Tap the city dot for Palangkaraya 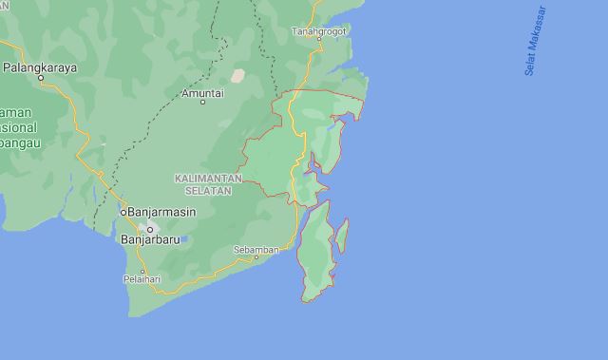[x=42, y=80]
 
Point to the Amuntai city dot [x=202, y=103]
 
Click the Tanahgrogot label [x=319, y=31]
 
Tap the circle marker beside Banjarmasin [x=123, y=212]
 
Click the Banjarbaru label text [x=156, y=239]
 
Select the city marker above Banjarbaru [x=148, y=228]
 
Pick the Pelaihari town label [x=142, y=279]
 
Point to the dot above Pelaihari [x=142, y=271]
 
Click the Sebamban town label [x=256, y=249]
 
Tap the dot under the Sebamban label [x=256, y=257]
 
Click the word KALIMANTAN [x=208, y=179]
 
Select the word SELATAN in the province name [x=208, y=190]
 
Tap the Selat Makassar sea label [x=536, y=41]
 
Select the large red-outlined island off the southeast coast [x=315, y=252]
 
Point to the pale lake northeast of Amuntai [x=237, y=75]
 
